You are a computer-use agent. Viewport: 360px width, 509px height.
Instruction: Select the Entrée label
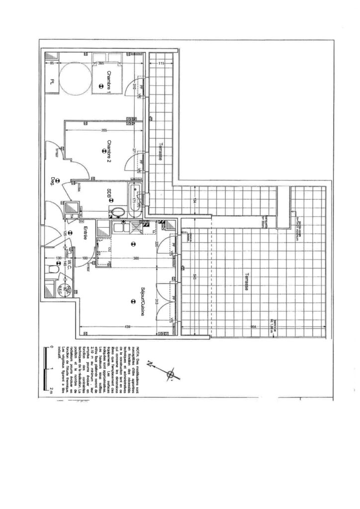pos(86,234)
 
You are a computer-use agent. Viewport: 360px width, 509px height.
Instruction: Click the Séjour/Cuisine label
pos(142,296)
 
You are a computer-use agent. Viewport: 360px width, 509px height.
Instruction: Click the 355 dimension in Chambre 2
pos(103,131)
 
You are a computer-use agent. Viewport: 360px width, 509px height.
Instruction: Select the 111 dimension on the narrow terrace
pos(162,64)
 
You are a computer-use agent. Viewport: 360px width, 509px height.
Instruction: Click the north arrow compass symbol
pos(171,372)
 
